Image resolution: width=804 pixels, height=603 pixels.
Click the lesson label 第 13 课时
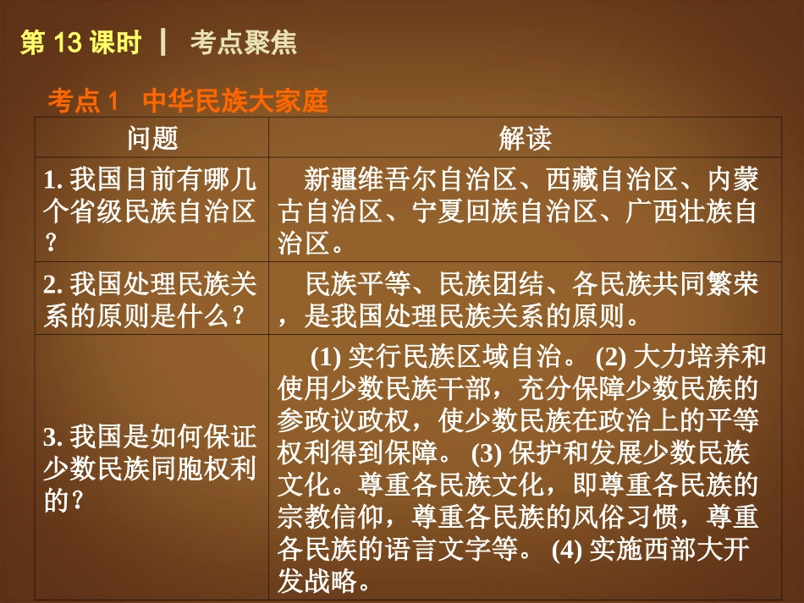80,43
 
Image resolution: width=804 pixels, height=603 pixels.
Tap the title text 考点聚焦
244,43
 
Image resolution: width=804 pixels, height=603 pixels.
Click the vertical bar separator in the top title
162,43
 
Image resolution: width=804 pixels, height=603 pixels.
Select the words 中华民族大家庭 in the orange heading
234,102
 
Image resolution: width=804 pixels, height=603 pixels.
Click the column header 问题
152,139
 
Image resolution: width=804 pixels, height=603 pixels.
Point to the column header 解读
525,139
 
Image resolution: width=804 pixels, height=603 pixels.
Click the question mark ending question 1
51,245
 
